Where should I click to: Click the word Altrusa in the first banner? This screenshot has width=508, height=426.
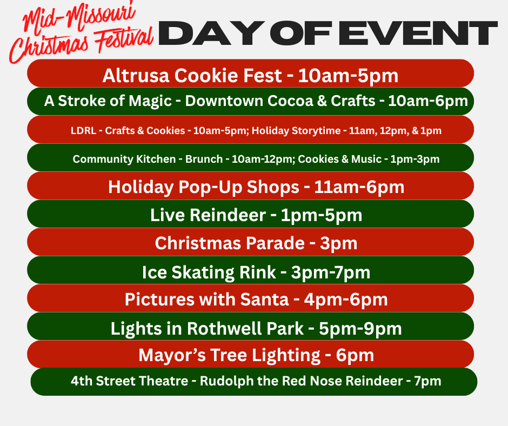pos(136,76)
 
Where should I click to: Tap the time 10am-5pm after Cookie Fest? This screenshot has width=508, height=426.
pos(348,76)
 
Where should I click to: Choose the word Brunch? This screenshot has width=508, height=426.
pos(204,159)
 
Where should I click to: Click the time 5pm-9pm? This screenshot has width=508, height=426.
pos(360,329)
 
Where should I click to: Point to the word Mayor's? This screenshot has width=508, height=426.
pos(172,355)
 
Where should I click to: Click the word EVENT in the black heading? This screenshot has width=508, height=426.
pos(418,33)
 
